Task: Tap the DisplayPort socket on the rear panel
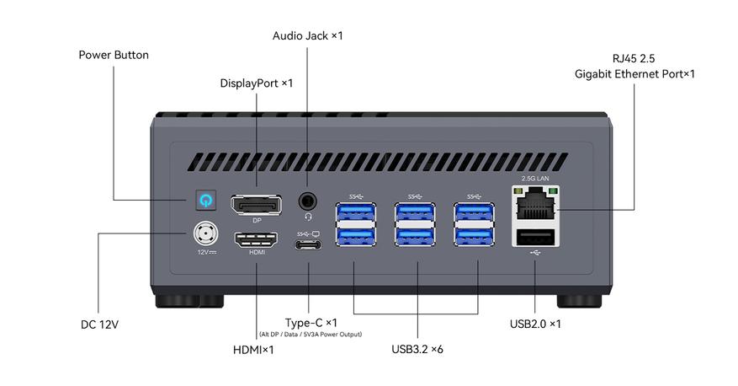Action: point(257,204)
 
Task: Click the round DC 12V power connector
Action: point(205,233)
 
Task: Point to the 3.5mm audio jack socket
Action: point(308,201)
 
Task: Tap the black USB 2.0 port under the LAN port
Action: point(534,236)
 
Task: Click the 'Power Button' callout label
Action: point(114,55)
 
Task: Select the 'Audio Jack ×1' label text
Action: point(308,35)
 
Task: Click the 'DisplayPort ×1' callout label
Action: point(256,83)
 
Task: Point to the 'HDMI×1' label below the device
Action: point(253,350)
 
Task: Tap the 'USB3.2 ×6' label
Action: point(417,349)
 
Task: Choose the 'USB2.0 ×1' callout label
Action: point(535,324)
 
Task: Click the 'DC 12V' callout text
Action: point(99,324)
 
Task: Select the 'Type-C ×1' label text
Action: point(311,323)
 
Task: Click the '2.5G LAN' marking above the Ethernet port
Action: point(534,179)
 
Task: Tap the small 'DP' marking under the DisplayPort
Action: point(257,220)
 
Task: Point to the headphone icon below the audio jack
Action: point(308,217)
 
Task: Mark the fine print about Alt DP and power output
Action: point(311,335)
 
